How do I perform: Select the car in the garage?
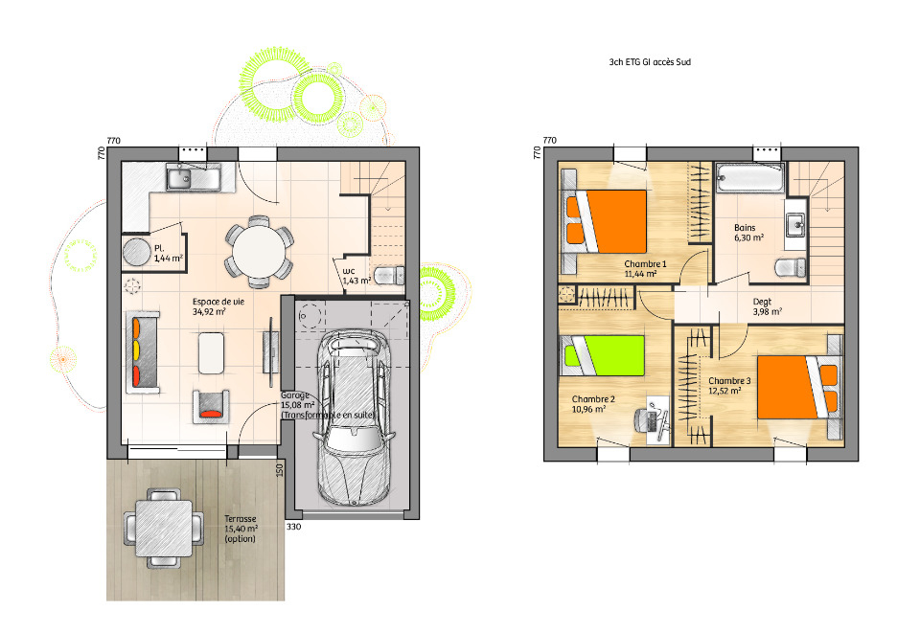point(354,418)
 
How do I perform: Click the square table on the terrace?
point(164,529)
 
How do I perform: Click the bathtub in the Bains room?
point(749,178)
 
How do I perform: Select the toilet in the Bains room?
point(791,267)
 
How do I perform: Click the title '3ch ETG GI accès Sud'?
point(650,61)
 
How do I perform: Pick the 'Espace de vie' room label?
point(218,302)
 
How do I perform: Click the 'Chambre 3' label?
point(729,380)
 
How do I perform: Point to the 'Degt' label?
point(762,302)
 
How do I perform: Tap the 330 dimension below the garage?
point(293,527)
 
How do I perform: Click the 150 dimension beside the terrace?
point(279,469)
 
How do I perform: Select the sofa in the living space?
point(143,352)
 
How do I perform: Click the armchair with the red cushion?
point(211,406)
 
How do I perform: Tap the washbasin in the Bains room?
point(795,223)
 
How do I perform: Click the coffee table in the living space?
point(211,353)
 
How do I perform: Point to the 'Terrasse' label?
point(240,519)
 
